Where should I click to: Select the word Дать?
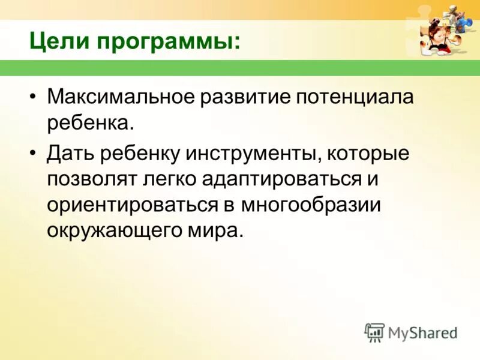click(x=70, y=154)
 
